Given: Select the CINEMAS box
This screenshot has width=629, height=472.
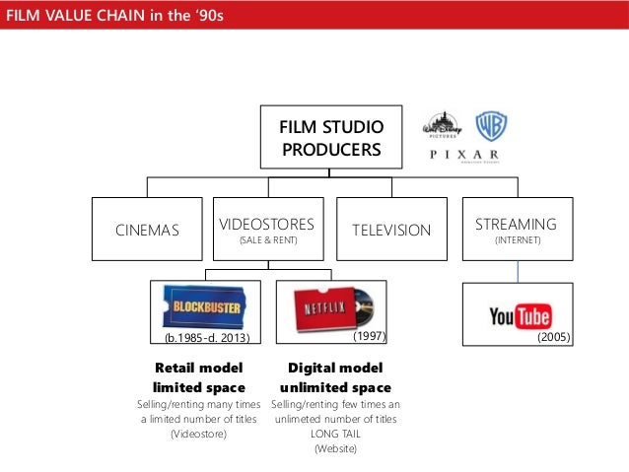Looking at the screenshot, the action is pyautogui.click(x=148, y=231).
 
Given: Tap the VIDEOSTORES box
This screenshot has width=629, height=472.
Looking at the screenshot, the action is pyautogui.click(x=268, y=231).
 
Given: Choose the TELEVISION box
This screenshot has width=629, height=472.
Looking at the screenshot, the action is pyautogui.click(x=392, y=231).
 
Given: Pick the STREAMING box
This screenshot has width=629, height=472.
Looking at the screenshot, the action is pyautogui.click(x=516, y=231).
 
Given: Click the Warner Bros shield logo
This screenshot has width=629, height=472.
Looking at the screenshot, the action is pyautogui.click(x=490, y=126).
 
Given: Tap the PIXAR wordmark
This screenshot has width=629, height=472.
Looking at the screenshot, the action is pyautogui.click(x=463, y=156).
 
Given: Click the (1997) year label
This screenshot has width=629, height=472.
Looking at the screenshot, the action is pyautogui.click(x=368, y=337).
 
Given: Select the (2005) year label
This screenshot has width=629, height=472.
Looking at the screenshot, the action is pyautogui.click(x=554, y=337).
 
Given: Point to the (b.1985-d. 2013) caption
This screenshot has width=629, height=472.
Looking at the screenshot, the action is pyautogui.click(x=206, y=338).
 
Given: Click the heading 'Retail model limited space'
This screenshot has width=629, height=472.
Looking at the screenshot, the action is pyautogui.click(x=199, y=378).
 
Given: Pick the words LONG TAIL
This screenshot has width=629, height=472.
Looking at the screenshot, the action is pyautogui.click(x=334, y=434).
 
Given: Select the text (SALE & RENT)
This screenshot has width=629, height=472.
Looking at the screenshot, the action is pyautogui.click(x=268, y=240).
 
